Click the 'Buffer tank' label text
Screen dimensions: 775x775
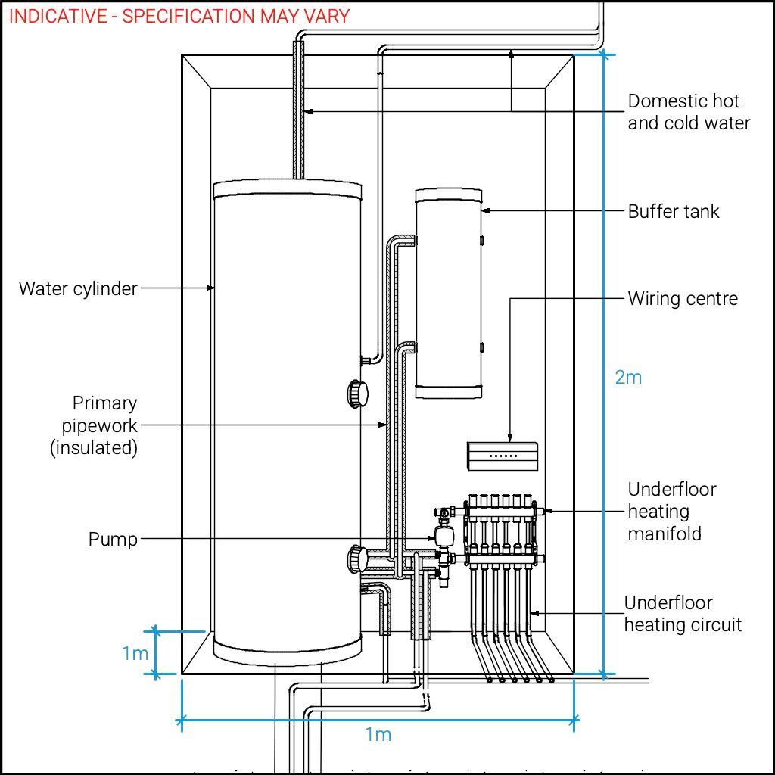pos(673,211)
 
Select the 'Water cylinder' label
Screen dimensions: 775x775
pos(78,288)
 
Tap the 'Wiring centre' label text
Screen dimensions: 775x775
pos(682,298)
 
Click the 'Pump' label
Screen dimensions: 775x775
pos(114,540)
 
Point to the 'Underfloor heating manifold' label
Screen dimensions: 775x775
pos(672,512)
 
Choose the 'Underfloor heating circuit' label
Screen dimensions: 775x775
pos(682,614)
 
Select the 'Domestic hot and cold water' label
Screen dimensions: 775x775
pos(689,112)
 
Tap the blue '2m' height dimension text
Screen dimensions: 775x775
pos(628,377)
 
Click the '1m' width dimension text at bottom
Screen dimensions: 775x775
pos(378,734)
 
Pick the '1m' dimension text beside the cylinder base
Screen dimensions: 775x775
pos(135,653)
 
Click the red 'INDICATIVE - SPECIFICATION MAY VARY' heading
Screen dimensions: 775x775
pos(179,16)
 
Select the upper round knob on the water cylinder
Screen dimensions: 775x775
pos(357,394)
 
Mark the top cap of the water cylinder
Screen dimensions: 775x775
pos(288,188)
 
